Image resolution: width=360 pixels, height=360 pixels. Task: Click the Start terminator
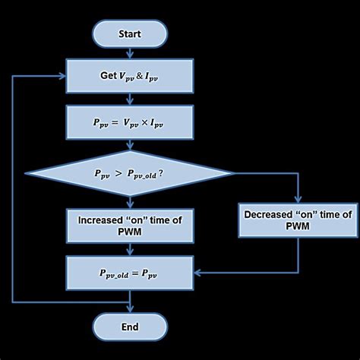tap(129, 33)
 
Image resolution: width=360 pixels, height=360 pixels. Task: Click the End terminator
tap(129, 327)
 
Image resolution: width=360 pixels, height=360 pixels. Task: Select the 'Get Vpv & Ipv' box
tap(129, 77)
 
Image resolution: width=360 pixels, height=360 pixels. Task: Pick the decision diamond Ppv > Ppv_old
tap(129, 173)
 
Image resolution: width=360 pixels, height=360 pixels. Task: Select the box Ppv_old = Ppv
tap(129, 270)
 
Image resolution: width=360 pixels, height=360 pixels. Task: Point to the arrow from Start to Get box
tap(129, 53)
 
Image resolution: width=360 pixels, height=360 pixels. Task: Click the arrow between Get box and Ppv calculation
tap(129, 99)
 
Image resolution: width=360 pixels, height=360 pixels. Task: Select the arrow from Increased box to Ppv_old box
tap(129, 249)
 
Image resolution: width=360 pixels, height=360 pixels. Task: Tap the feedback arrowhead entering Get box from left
tap(62, 77)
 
